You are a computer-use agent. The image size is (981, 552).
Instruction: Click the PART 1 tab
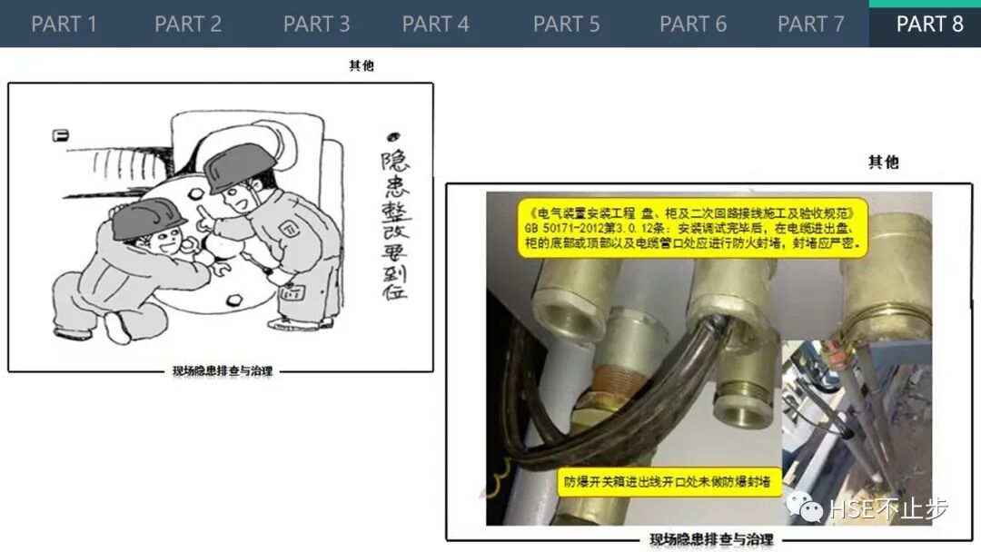coord(64,24)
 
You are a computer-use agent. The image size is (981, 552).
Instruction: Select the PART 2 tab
coord(188,24)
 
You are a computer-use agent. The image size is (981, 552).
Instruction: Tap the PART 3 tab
coord(316,24)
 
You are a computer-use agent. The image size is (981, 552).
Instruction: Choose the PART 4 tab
coord(436,24)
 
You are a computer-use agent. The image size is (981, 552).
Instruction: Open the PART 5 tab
coord(567,24)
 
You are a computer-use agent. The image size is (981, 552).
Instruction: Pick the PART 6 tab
coord(693,24)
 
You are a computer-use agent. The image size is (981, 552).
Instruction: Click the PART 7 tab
coord(811,24)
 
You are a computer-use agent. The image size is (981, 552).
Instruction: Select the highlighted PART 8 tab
coord(929,24)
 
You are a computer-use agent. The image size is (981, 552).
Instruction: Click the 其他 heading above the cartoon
coord(362,65)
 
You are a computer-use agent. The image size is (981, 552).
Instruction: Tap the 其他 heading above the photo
coord(883,163)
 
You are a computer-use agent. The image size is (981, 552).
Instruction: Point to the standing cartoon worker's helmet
coord(239,167)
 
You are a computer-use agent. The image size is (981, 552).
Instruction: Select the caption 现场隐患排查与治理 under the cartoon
coord(223,371)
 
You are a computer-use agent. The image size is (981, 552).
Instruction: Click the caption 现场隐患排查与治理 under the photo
coord(712,540)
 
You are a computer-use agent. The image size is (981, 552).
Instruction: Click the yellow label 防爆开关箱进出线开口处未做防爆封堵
coord(668,482)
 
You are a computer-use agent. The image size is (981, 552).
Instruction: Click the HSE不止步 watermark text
coord(888,509)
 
